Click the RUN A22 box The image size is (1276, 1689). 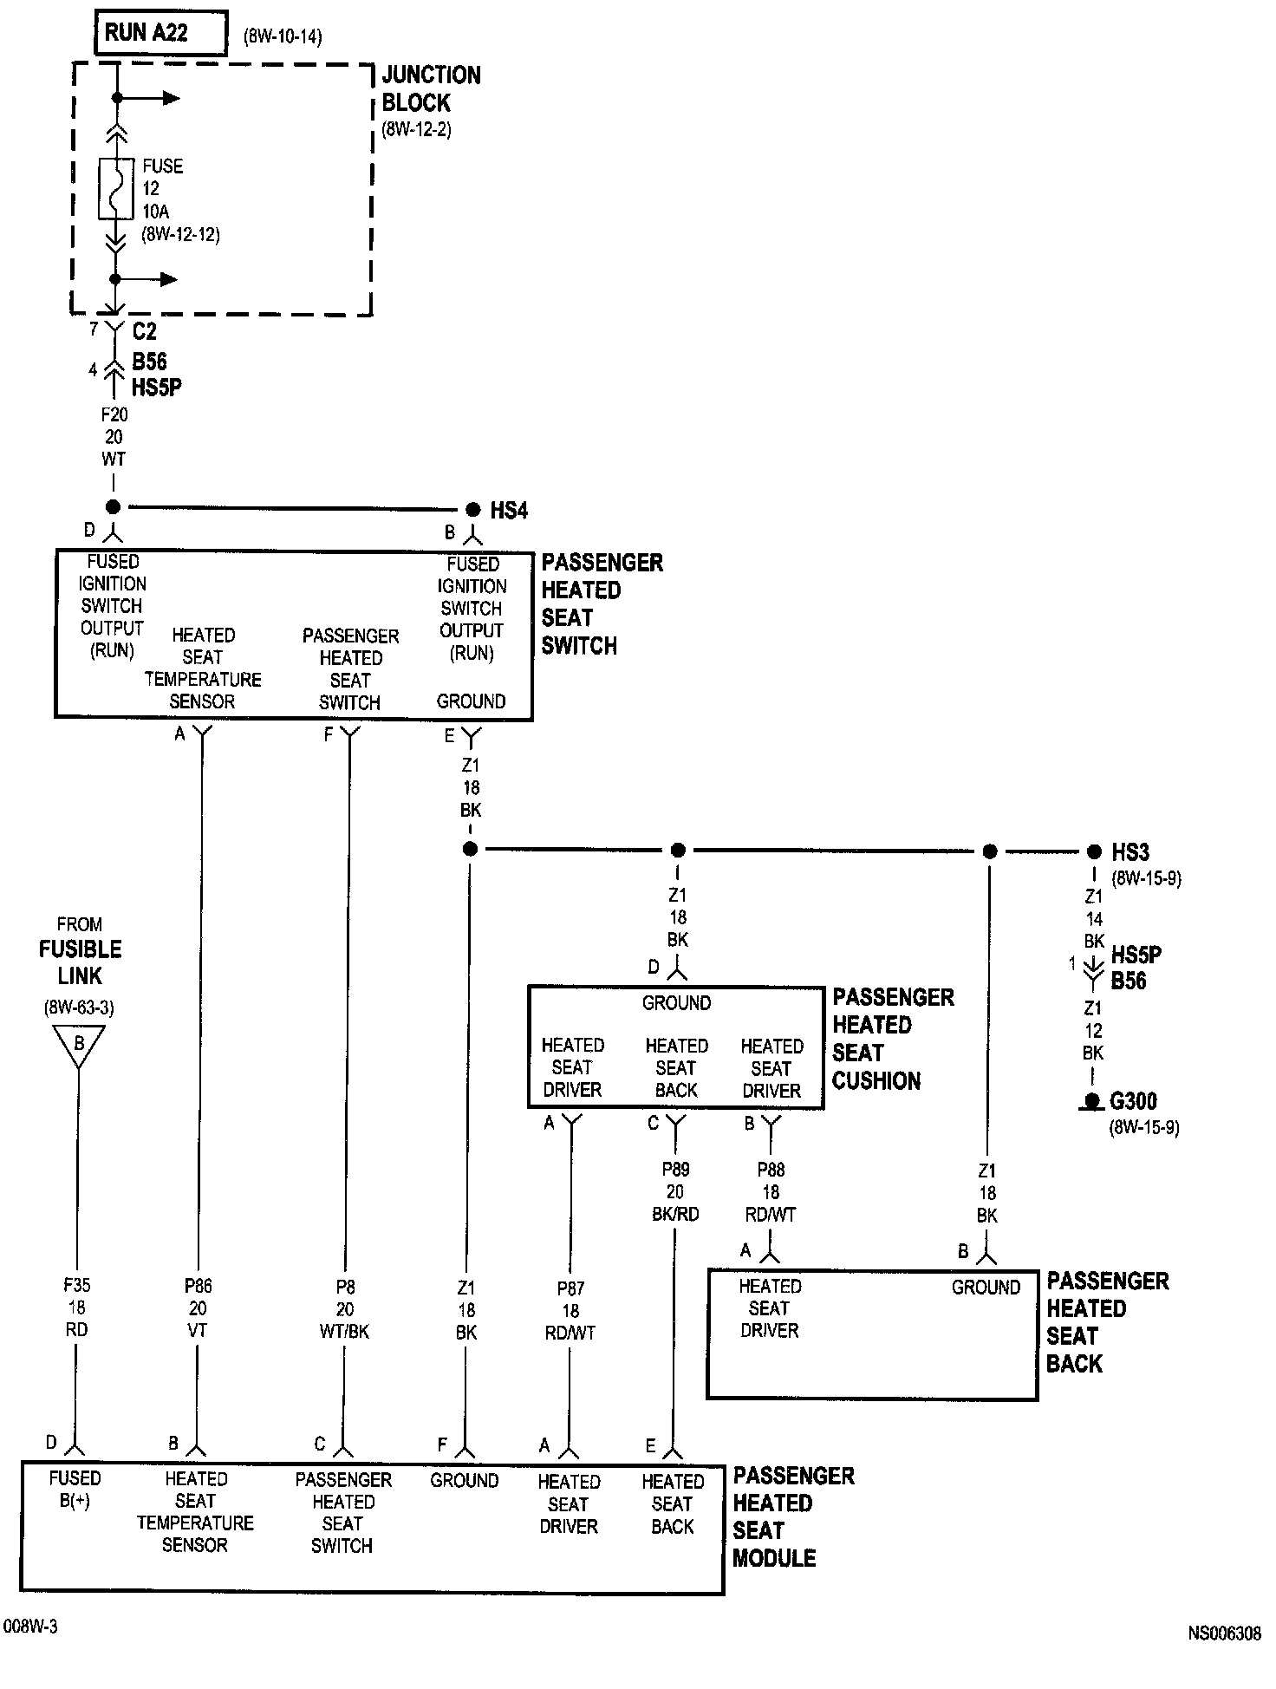(160, 34)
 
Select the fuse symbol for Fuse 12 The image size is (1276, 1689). (115, 188)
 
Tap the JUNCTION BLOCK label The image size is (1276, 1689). (431, 88)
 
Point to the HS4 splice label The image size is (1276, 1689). (508, 511)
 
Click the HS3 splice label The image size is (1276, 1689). (1130, 852)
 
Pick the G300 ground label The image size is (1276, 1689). (1133, 1101)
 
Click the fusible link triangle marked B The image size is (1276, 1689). (79, 1044)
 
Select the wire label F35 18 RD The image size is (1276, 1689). (76, 1308)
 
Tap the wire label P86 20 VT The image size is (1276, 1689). (198, 1308)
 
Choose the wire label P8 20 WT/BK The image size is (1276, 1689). (345, 1308)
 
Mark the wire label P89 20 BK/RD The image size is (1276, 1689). (675, 1191)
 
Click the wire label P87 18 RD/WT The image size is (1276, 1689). (570, 1310)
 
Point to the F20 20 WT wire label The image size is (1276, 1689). (114, 437)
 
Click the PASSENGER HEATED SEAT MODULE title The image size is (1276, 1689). (792, 1516)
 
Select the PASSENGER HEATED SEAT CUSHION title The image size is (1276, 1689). (892, 1039)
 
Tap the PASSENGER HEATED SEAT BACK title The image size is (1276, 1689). (1107, 1322)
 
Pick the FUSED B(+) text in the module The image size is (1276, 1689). (75, 1490)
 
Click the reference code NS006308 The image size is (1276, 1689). (1224, 1634)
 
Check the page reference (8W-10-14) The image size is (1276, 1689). (283, 37)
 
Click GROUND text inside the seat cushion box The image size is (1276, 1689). (676, 1003)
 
